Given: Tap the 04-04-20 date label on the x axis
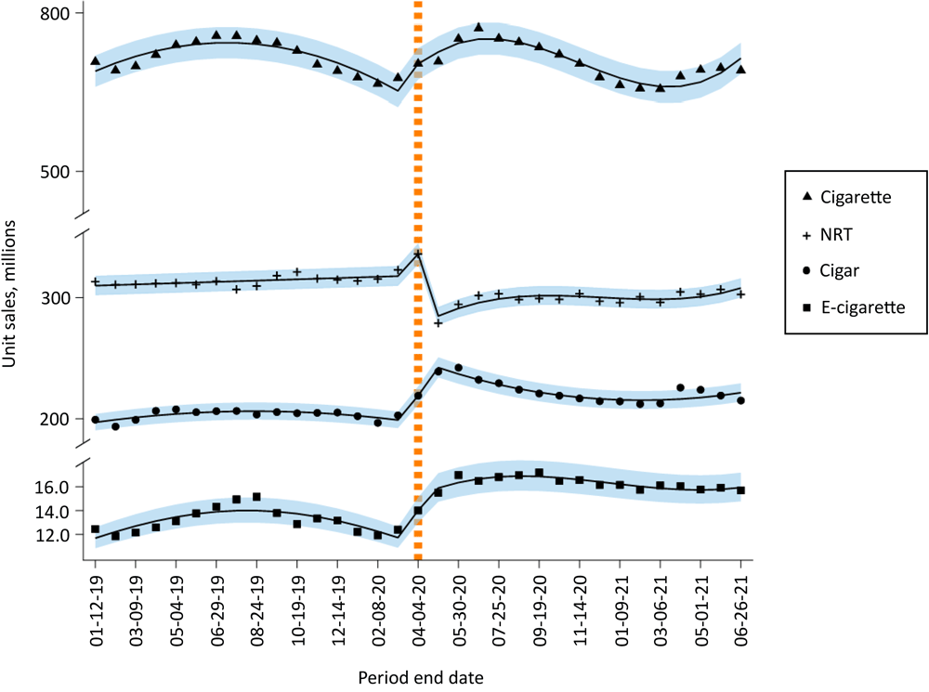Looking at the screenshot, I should tap(418, 605).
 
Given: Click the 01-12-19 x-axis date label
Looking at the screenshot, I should tap(95, 605).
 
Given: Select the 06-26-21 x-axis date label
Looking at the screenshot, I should tap(741, 605).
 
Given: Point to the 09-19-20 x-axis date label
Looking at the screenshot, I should tap(540, 605).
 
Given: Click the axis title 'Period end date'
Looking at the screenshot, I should tap(421, 676).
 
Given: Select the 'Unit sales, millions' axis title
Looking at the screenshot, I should tap(11, 294).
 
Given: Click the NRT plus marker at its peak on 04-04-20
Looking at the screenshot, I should tap(418, 253).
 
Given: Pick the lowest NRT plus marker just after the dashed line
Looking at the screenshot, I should tap(438, 322).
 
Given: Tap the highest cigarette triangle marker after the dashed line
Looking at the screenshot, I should tap(478, 27).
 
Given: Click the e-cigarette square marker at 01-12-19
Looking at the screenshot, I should tap(95, 529).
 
